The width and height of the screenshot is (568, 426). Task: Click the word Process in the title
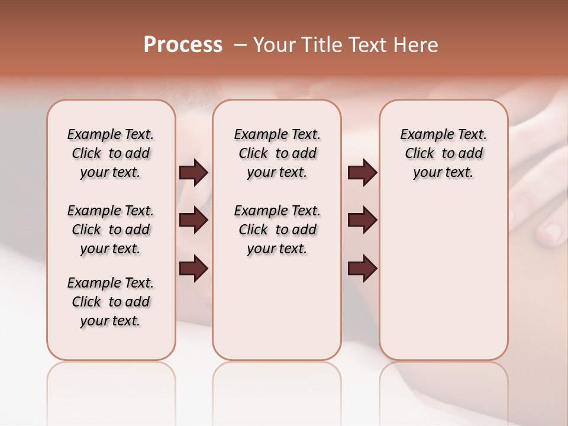click(x=183, y=45)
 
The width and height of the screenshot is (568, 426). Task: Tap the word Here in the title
click(x=417, y=45)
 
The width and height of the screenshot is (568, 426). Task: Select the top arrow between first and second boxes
click(x=193, y=173)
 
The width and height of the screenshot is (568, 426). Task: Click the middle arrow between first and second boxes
click(x=193, y=221)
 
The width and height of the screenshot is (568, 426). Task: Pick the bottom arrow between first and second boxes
click(x=193, y=269)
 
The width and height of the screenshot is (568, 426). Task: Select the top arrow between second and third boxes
click(x=362, y=173)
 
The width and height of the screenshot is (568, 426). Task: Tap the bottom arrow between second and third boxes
click(x=362, y=269)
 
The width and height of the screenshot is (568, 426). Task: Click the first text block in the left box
click(x=111, y=153)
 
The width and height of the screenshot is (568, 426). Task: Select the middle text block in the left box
click(x=111, y=230)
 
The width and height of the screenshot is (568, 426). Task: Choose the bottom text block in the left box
click(x=111, y=302)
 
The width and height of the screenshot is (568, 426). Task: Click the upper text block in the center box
click(x=277, y=153)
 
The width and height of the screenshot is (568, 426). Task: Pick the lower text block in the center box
click(x=277, y=230)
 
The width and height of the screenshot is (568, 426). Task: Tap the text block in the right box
click(x=443, y=153)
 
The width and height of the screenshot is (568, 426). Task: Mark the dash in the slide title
click(x=240, y=45)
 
